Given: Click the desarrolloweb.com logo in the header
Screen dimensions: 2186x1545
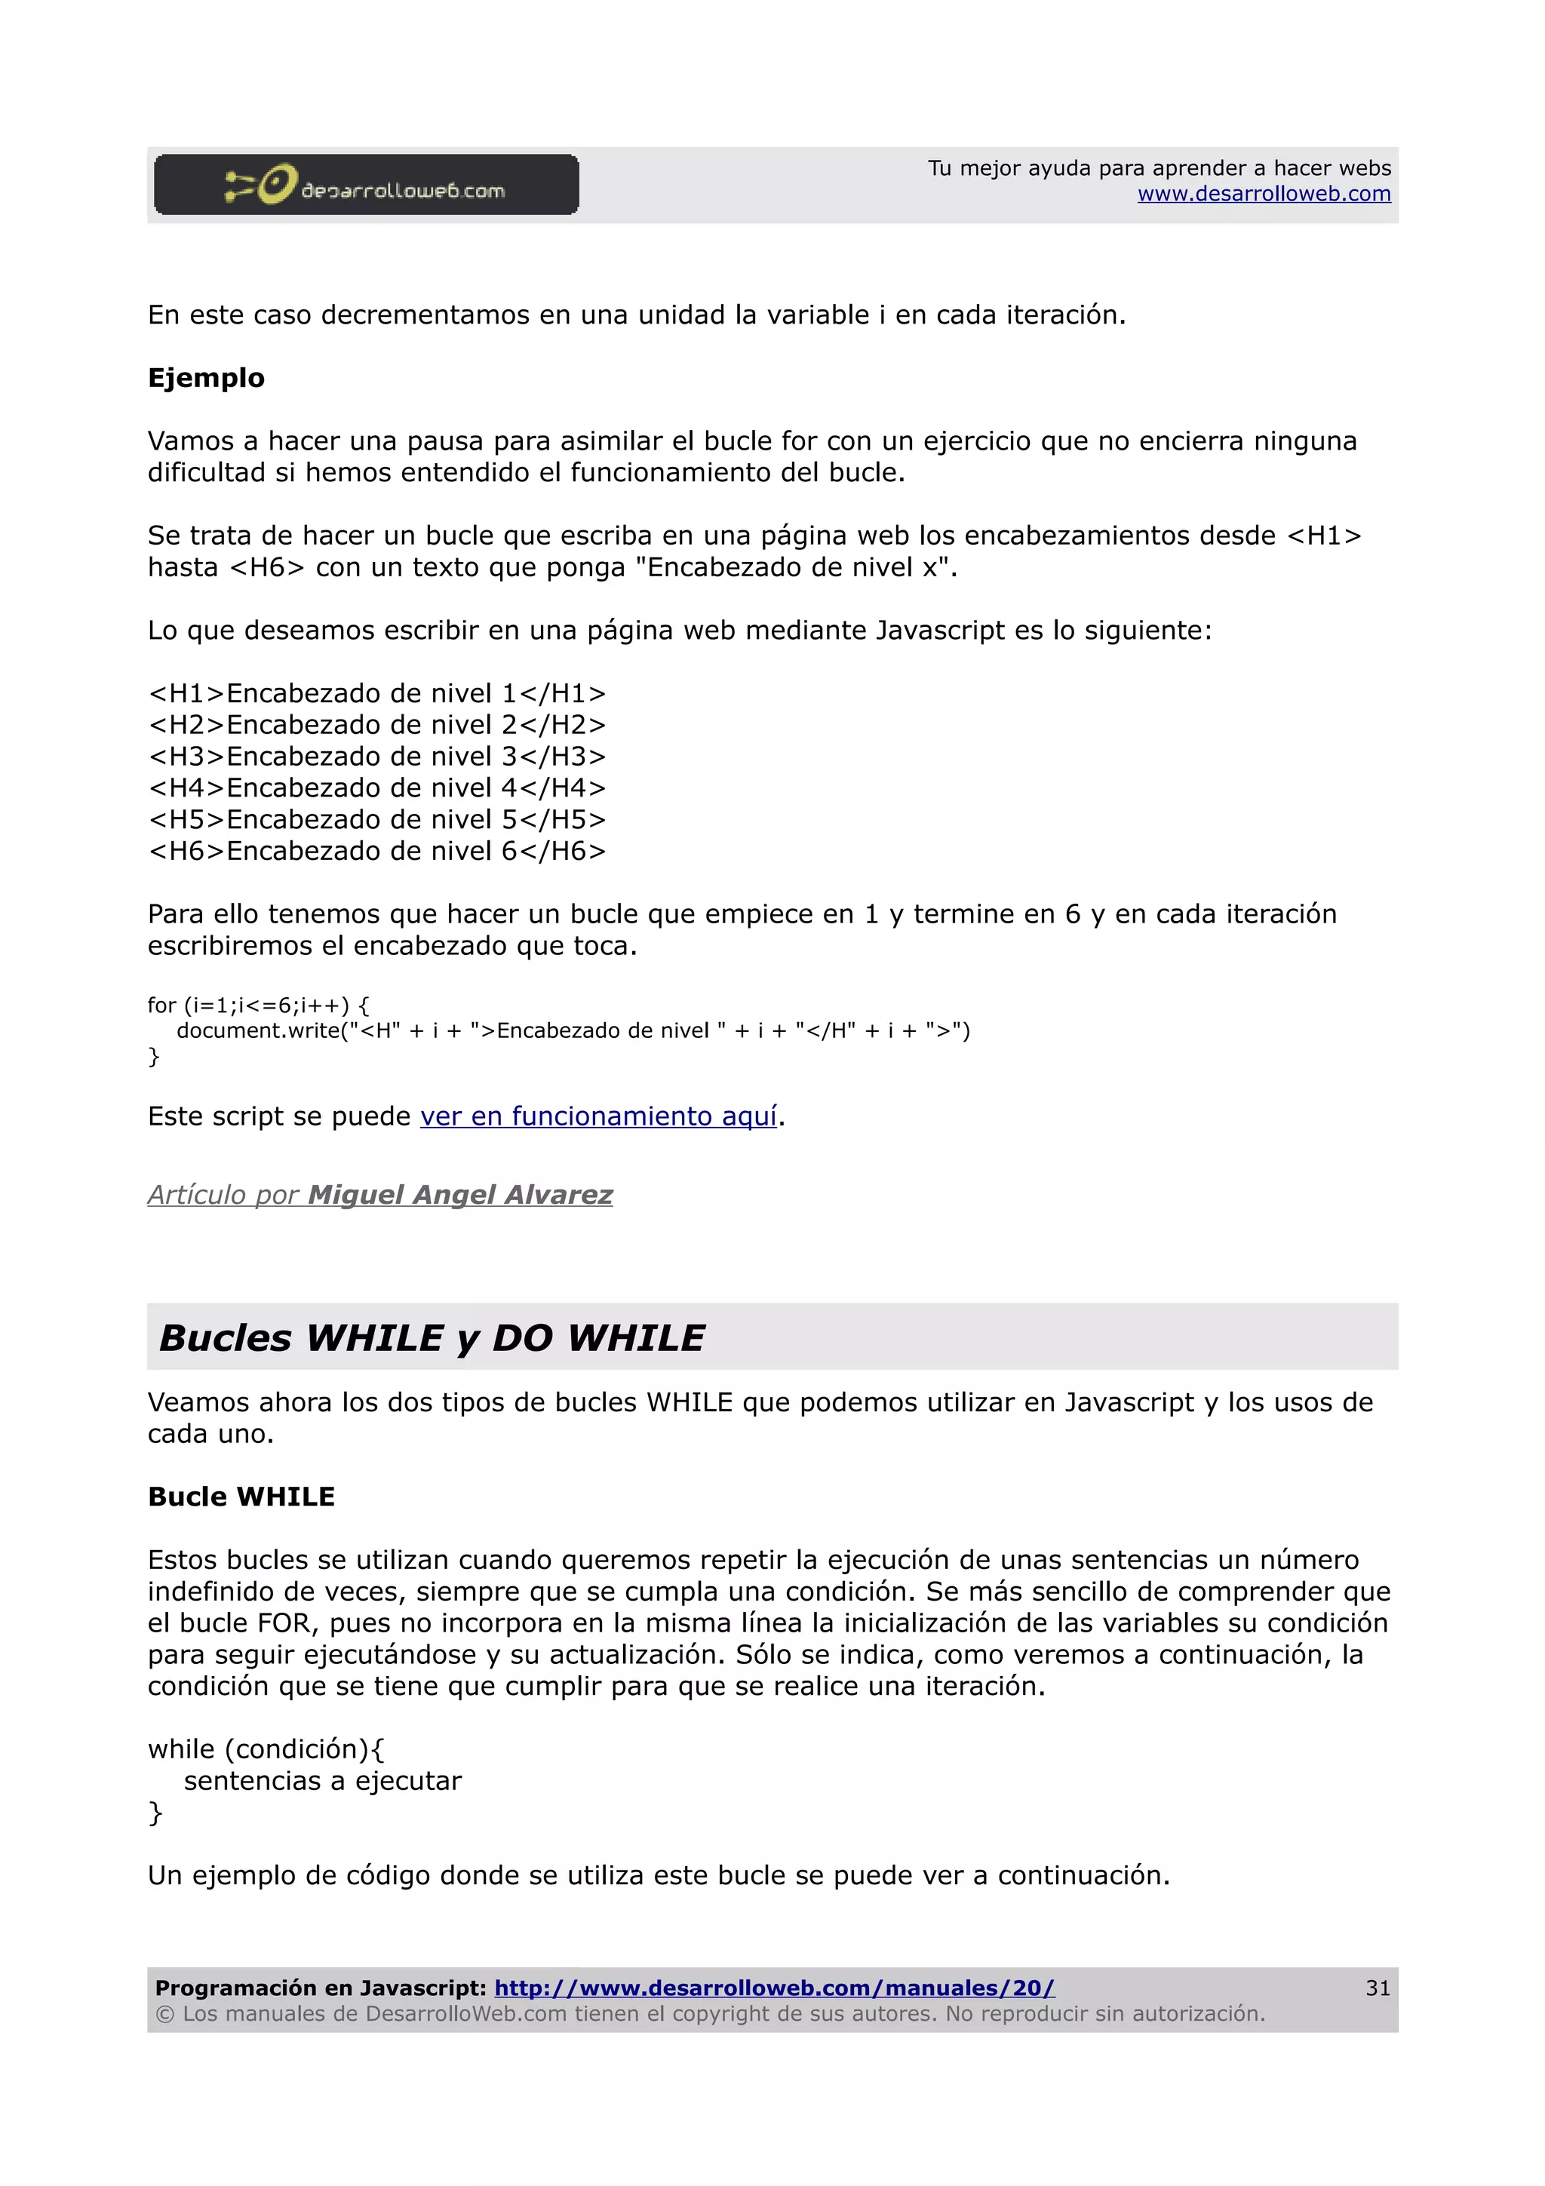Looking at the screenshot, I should click(366, 185).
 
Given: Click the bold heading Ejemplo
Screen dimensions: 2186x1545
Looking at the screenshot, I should click(206, 378).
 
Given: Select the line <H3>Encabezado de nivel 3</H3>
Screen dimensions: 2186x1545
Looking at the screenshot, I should click(377, 757).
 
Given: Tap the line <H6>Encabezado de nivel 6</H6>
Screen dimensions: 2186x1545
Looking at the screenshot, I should click(377, 851).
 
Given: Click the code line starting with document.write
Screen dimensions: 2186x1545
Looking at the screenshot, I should click(572, 1031).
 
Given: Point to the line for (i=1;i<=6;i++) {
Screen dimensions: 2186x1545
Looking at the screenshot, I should click(258, 1005).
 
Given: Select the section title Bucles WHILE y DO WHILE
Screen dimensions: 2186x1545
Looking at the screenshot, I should click(432, 1337).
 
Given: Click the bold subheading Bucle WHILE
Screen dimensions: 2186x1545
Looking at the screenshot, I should click(241, 1497).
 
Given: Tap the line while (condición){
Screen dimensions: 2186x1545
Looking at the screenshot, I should click(266, 1749).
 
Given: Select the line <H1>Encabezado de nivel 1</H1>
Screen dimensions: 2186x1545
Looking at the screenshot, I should click(377, 694).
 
